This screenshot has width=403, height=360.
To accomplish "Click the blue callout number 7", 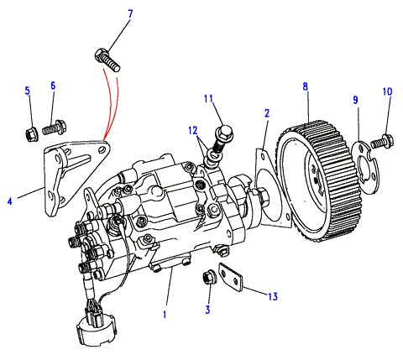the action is point(130,14).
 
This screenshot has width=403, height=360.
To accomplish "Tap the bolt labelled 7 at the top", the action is point(107,60).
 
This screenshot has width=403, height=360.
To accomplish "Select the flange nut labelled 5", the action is point(31,134).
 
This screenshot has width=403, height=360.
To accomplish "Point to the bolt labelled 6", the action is point(54,128).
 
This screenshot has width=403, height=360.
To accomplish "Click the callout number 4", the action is point(10,201).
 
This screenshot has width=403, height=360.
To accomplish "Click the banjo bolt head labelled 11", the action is point(223,132).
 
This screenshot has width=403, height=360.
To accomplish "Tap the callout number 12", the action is point(193,131).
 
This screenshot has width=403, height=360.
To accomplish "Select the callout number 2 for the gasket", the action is point(267,113).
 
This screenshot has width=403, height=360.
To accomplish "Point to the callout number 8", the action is point(305,86).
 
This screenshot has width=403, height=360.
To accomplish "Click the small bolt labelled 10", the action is point(382,141).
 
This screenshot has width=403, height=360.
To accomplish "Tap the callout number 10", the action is point(388,91).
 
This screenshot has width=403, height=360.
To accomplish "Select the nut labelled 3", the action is point(208,278).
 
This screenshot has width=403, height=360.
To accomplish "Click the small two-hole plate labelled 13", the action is point(231,276).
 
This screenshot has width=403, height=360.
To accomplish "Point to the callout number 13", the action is point(273,296).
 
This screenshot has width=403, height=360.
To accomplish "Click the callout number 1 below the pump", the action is point(165,315).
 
